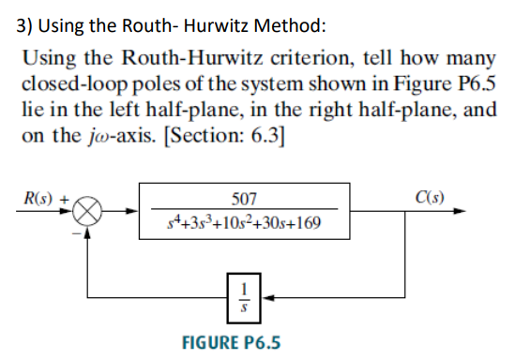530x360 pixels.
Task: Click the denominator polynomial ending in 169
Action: coord(244,225)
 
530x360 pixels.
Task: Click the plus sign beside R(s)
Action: coord(65,199)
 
